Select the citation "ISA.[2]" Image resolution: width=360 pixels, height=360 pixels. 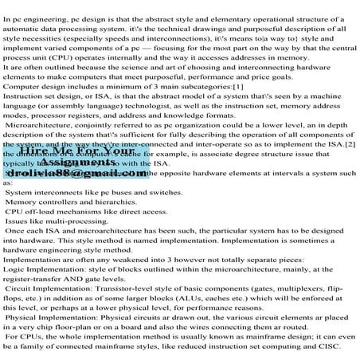pyautogui.click(x=339, y=146)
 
